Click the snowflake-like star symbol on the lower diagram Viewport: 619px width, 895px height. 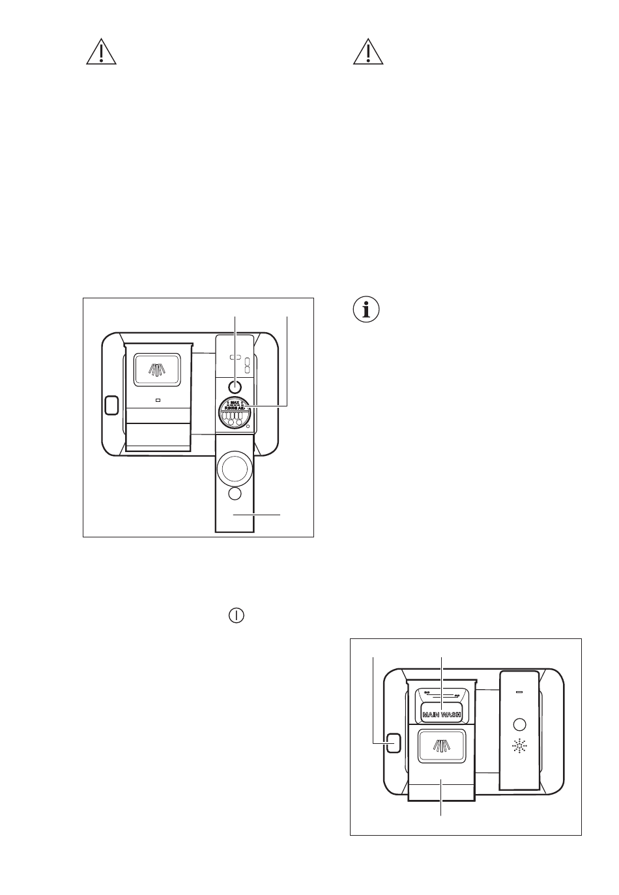[519, 746]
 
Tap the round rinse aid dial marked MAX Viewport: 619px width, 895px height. [235, 413]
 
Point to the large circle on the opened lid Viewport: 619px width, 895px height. [235, 467]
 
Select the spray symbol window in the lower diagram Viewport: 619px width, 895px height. [442, 745]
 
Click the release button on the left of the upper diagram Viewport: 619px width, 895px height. [111, 405]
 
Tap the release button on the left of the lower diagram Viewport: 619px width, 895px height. [392, 743]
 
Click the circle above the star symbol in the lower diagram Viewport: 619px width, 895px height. [519, 724]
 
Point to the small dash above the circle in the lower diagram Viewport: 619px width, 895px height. [519, 690]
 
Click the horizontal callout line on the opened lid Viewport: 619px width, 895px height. [257, 515]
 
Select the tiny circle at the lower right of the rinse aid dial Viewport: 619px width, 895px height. [248, 427]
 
